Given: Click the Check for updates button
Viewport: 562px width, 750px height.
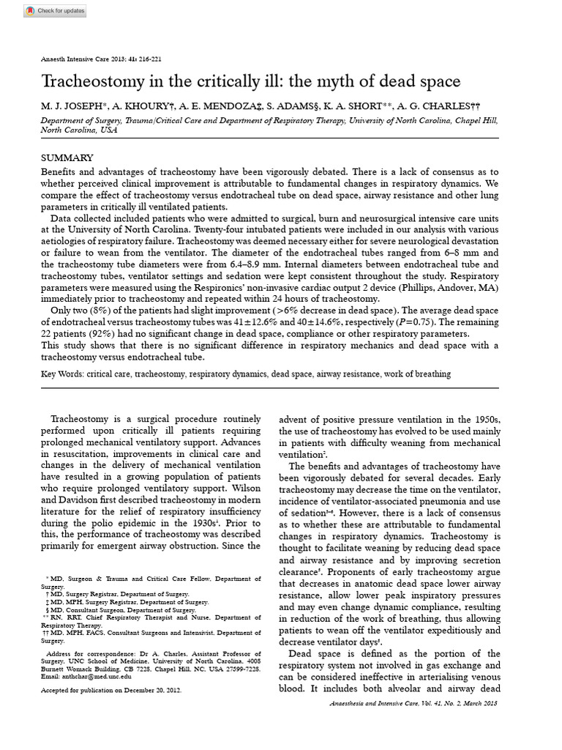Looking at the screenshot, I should point(55,11).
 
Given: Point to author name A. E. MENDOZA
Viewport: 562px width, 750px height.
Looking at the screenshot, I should point(227,106).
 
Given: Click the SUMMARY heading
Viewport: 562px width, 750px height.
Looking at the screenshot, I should point(67,157).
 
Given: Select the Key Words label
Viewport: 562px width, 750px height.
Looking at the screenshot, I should point(62,374).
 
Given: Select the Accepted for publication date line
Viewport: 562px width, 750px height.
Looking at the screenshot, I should point(111,690).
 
